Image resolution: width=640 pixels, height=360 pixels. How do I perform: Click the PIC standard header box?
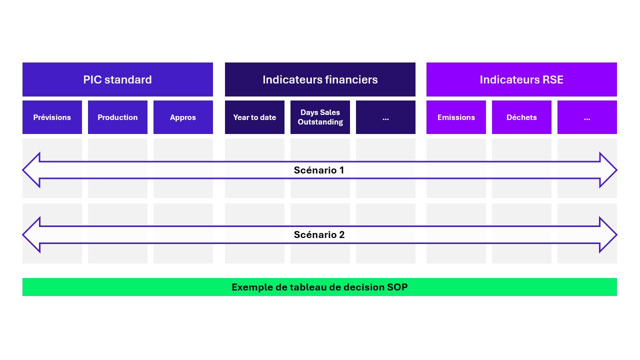117,79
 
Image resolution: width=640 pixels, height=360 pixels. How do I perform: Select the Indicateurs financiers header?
320,79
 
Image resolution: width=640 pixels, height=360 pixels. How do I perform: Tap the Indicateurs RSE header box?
521,79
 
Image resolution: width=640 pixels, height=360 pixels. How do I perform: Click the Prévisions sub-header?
52,117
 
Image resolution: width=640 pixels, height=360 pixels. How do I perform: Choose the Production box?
117,117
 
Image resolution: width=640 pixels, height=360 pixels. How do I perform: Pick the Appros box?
183,117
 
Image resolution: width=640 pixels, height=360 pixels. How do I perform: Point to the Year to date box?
254,117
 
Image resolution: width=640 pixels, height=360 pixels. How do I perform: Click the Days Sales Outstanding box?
320,117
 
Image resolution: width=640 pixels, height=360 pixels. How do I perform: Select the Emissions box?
456,117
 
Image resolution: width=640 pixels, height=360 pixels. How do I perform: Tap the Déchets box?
521,117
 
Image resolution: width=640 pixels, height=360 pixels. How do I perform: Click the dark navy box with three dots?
385,117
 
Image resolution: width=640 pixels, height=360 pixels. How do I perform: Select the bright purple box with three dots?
587,117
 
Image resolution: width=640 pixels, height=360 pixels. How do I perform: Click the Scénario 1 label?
319,170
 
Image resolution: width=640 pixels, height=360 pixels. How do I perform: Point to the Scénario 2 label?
319,235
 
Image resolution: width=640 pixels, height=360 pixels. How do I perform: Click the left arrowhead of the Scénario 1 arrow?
31,170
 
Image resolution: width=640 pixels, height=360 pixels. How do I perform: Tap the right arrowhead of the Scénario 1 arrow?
608,170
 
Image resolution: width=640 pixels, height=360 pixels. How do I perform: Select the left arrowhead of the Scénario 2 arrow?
31,235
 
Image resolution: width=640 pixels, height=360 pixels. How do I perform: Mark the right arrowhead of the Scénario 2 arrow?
608,235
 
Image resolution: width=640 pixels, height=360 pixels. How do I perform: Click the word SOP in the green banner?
397,287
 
